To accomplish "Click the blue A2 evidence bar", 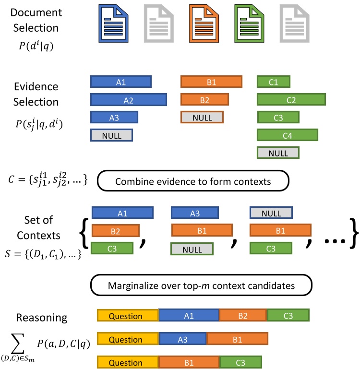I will (128, 99).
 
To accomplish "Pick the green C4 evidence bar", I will (288, 135).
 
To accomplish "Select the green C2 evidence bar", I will (291, 99).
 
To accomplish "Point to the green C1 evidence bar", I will (273, 82).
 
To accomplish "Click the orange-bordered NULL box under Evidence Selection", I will (202, 118).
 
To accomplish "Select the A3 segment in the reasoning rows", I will (182, 339).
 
